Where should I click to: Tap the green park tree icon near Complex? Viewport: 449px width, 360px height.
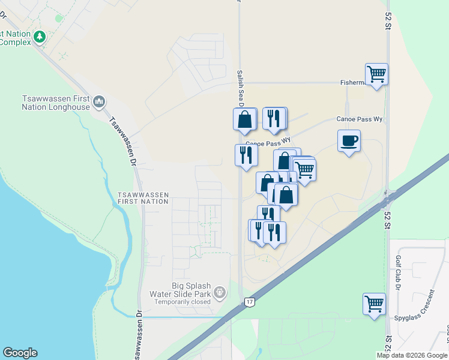pos(40,37)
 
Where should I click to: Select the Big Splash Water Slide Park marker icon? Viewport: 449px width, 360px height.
pos(220,292)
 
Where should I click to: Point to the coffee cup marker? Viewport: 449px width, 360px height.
pos(349,142)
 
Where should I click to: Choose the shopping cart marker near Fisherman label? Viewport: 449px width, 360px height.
pos(376,75)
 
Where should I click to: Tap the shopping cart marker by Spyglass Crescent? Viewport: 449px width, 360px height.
pos(374,303)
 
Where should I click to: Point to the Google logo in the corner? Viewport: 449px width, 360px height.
pos(20,353)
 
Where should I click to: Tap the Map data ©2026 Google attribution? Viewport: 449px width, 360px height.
pos(412,355)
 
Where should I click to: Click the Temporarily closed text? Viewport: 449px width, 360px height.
pos(182,301)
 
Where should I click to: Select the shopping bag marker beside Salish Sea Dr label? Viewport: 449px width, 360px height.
pos(245,119)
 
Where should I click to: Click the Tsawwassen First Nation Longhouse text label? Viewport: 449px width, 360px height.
pos(55,103)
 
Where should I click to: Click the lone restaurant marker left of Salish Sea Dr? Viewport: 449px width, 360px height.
pos(246,156)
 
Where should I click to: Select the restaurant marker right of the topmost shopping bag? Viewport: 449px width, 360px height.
pos(274,119)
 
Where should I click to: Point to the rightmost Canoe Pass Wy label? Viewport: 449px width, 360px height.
pos(359,119)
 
